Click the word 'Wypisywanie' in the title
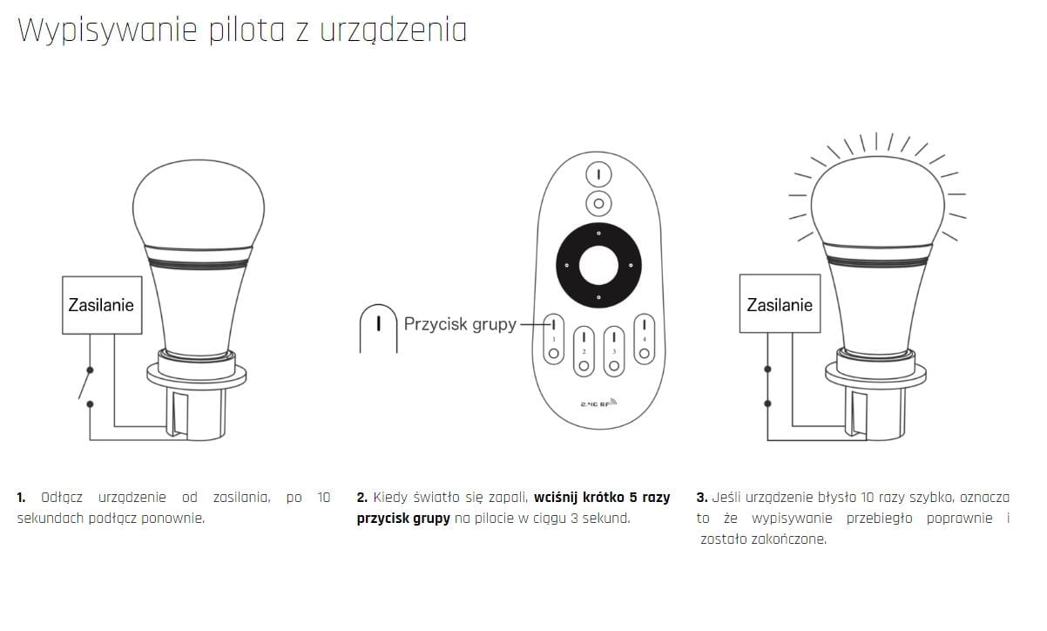tap(107, 31)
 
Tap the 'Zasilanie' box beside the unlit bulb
tap(102, 305)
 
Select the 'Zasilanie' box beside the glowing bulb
tap(780, 304)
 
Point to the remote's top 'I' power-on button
tap(598, 174)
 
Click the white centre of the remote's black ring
tap(598, 265)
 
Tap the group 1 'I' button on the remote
tap(553, 324)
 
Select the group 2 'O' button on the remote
tap(584, 366)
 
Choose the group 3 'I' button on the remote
tap(614, 336)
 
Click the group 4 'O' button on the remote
tap(644, 353)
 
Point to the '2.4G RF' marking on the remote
tap(598, 404)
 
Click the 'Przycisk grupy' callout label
tap(460, 324)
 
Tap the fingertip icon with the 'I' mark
tap(379, 328)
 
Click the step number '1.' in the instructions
tap(21, 498)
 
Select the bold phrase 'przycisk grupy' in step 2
tap(403, 519)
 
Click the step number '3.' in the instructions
tap(701, 498)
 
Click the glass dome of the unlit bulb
tap(199, 205)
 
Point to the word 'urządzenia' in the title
tap(393, 31)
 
